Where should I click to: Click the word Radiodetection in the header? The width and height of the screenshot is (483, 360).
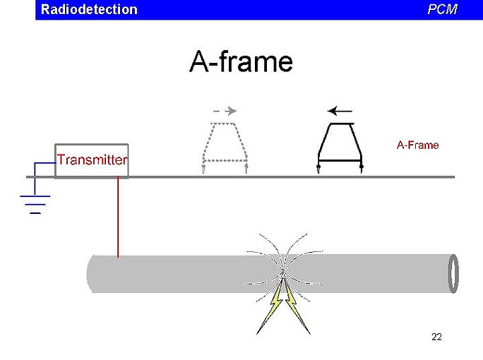[89, 9]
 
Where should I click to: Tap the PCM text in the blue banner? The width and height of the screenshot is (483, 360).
[442, 9]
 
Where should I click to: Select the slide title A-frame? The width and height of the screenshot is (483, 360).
[241, 62]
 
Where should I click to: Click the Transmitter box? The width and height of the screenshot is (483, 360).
[92, 160]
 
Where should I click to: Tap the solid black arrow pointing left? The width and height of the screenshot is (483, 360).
[340, 110]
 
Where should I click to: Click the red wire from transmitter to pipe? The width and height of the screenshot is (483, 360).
[118, 219]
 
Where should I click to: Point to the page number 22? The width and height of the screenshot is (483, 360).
[436, 337]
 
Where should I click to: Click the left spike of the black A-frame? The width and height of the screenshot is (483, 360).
[319, 168]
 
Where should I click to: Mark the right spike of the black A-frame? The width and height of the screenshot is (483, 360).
[361, 168]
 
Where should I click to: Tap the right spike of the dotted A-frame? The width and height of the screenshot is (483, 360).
[246, 168]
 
